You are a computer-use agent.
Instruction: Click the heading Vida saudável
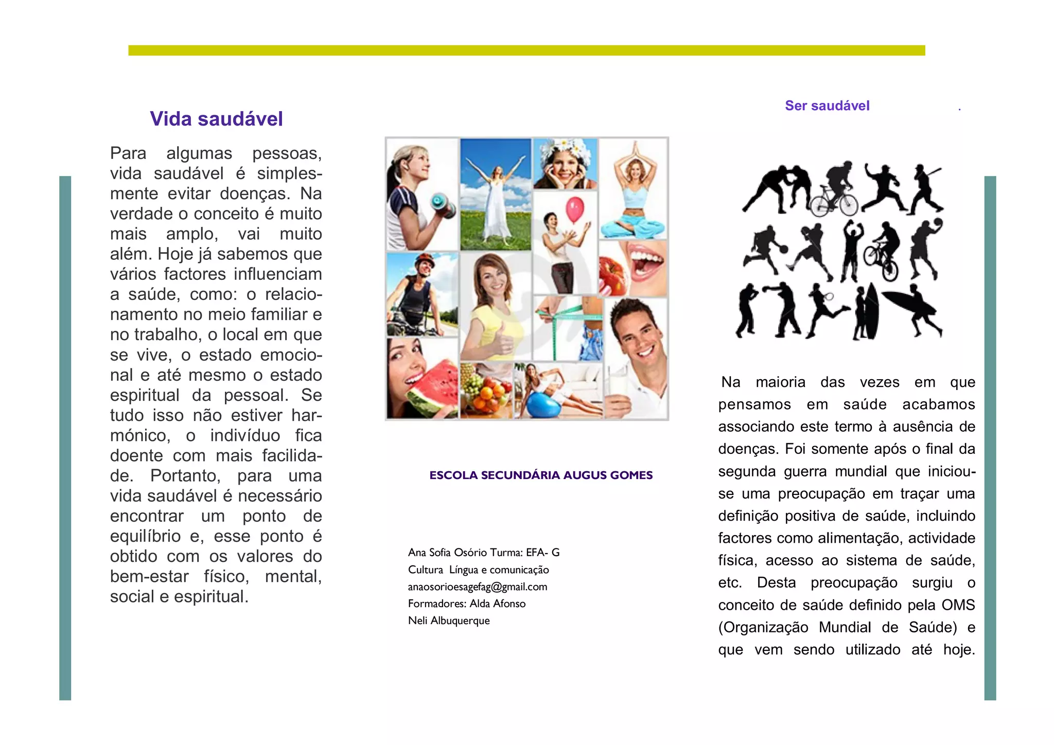(216, 119)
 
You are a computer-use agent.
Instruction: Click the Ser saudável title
(827, 105)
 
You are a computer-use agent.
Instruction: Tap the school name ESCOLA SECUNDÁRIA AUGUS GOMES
(541, 475)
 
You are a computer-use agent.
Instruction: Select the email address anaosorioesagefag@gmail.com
(477, 587)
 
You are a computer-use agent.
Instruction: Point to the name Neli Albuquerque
(449, 620)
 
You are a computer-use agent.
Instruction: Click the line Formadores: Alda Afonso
(466, 604)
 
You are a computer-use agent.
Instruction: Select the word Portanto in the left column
(185, 475)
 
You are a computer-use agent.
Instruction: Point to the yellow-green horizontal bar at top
(526, 50)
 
